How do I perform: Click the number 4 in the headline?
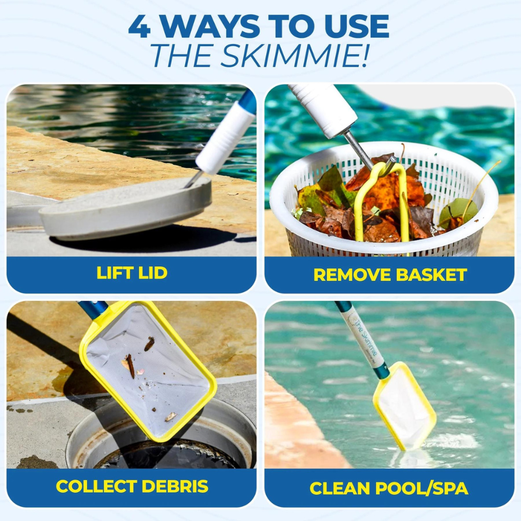click(140, 27)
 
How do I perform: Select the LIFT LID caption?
click(131, 273)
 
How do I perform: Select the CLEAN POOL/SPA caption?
click(389, 488)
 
